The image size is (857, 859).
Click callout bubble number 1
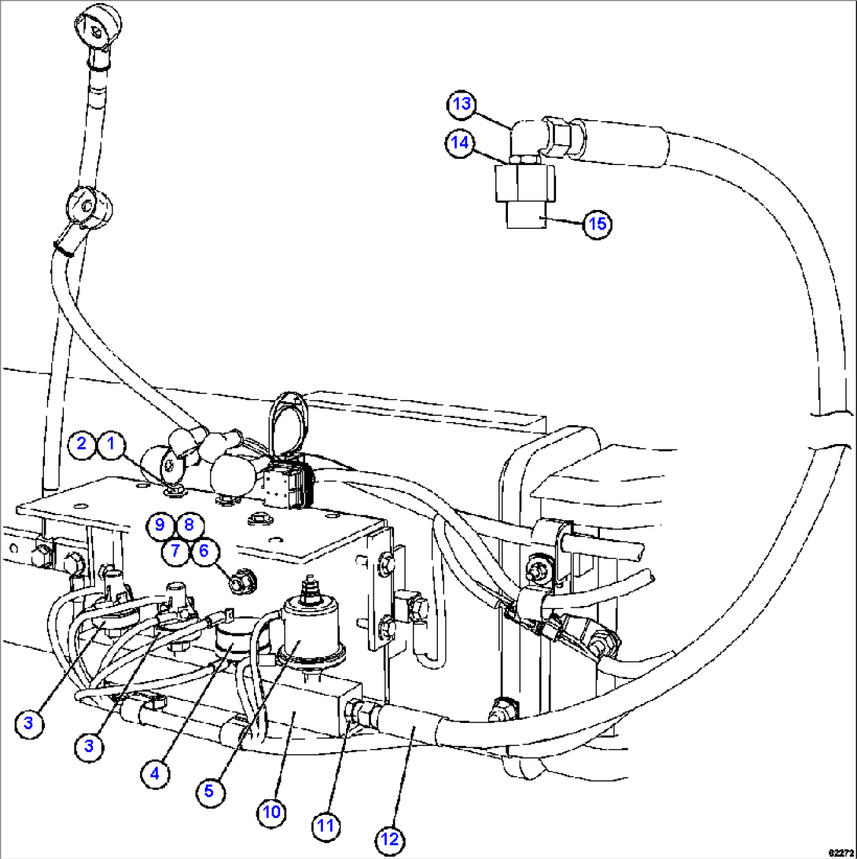coord(111,444)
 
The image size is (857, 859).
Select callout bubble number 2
coord(81,444)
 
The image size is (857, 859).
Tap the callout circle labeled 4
coord(155,773)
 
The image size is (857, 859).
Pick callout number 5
coord(208,791)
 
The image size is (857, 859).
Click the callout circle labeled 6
coord(204,551)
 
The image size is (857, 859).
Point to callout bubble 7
coord(175,551)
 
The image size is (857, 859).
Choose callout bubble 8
coord(189,524)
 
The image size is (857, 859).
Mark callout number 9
coord(160,524)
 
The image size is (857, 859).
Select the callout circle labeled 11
coord(326,825)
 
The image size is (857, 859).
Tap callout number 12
coord(390,840)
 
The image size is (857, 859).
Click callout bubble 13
coord(463,105)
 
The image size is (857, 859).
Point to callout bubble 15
coord(597,224)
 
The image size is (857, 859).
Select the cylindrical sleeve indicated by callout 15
coord(523,214)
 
